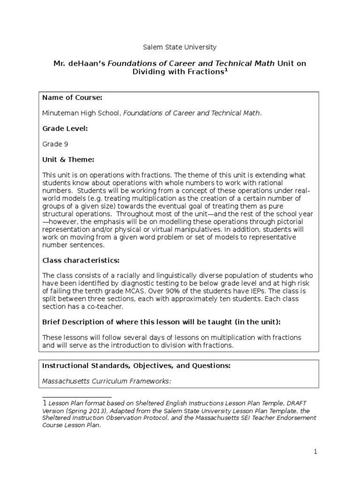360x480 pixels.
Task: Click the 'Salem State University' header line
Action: (180, 47)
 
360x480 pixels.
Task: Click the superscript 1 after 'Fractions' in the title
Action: (226, 70)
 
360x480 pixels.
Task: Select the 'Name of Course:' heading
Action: (72, 97)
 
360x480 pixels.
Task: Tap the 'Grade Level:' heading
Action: (65, 128)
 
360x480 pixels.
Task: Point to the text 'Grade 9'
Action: (55, 144)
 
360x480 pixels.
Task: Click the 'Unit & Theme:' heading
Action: (68, 159)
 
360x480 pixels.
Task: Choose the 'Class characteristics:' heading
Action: (81, 260)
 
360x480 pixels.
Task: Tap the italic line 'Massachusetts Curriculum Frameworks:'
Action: (107, 381)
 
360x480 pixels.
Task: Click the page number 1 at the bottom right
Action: (316, 452)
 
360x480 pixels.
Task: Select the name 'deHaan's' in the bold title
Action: (88, 63)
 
